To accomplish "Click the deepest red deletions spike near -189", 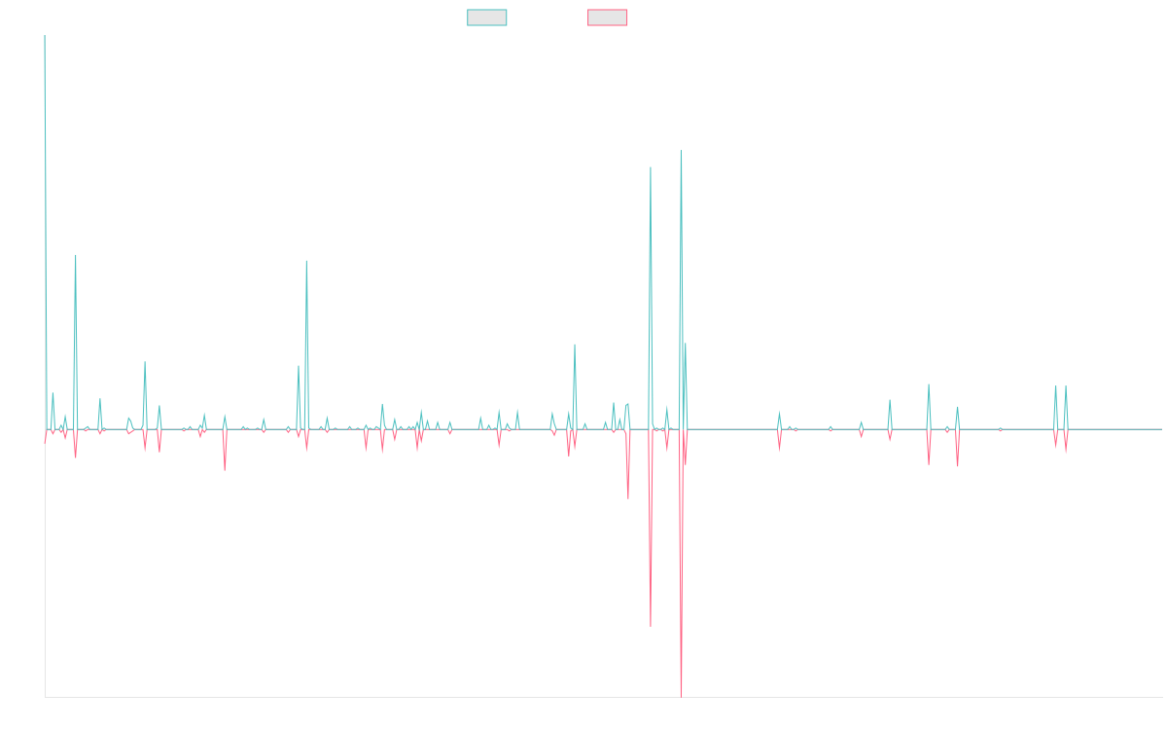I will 681,696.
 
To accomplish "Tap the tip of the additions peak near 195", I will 681,153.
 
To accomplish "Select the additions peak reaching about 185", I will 651,167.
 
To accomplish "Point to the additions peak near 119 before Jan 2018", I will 306,261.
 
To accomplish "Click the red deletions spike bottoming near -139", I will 651,626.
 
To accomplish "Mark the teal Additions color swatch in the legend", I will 486,18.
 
